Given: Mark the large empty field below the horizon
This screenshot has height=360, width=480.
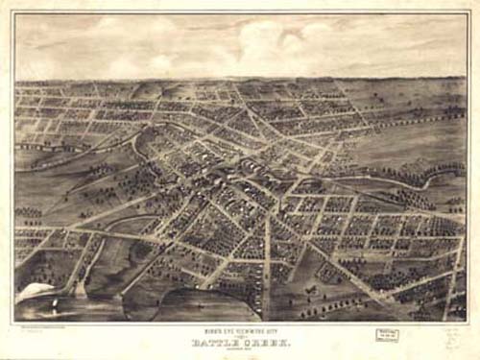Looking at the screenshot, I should coord(413,134).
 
